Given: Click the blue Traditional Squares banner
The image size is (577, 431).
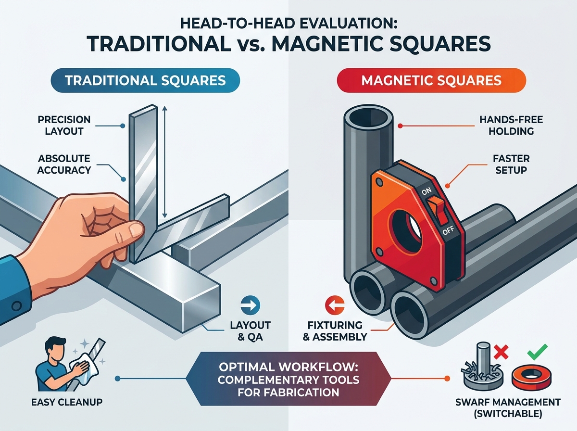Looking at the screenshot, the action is click(x=145, y=80).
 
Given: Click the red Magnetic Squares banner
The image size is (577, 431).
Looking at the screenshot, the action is click(x=431, y=80).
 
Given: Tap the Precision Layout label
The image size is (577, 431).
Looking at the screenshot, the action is click(x=64, y=125).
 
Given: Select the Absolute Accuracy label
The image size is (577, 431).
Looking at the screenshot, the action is click(x=64, y=165).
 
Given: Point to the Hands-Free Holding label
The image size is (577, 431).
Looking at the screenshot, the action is click(x=511, y=125).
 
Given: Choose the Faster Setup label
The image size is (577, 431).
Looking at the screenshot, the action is click(x=511, y=165).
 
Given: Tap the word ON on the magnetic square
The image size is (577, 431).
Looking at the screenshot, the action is click(x=426, y=191).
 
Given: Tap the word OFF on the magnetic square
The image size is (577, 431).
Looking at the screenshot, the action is click(x=448, y=231).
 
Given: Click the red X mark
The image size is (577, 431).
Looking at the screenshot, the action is click(x=501, y=352).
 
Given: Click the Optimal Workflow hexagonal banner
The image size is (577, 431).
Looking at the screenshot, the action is click(x=288, y=379).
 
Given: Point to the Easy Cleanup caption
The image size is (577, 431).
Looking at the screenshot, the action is click(x=67, y=402).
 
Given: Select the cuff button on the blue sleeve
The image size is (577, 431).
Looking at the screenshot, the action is click(x=17, y=306).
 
